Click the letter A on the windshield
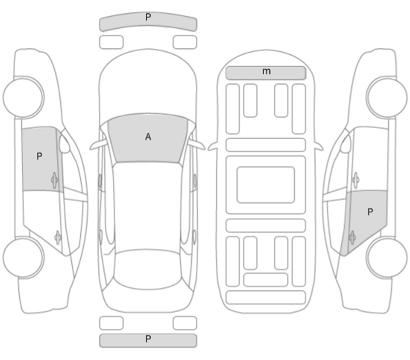point(148,137)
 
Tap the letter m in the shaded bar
point(267,71)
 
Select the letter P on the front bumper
point(148,17)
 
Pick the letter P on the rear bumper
point(148,339)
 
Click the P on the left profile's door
point(39,156)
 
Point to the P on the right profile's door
point(370,212)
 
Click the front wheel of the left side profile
point(24,97)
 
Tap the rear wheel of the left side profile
point(24,258)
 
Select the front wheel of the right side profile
point(386,97)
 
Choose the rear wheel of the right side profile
point(386,258)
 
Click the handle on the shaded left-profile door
point(54,180)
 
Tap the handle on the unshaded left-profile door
point(58,238)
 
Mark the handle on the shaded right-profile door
point(352,238)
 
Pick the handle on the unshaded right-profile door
point(356,180)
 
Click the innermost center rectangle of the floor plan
point(266,184)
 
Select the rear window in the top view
point(148,270)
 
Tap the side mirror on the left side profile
point(65,144)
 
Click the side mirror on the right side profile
point(345,144)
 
